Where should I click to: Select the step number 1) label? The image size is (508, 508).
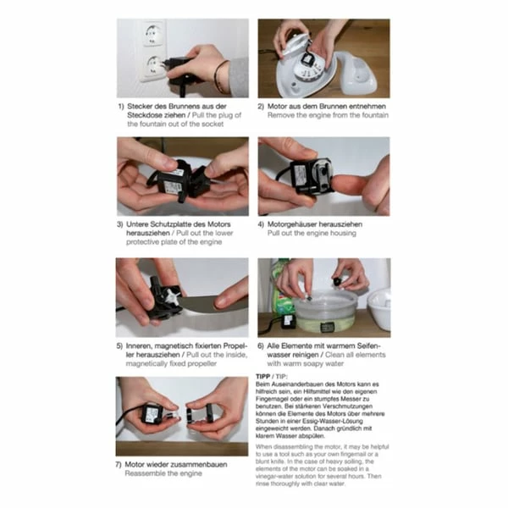click(x=121, y=107)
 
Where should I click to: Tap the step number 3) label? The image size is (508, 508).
click(x=121, y=225)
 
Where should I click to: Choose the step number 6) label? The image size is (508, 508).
click(x=261, y=346)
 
